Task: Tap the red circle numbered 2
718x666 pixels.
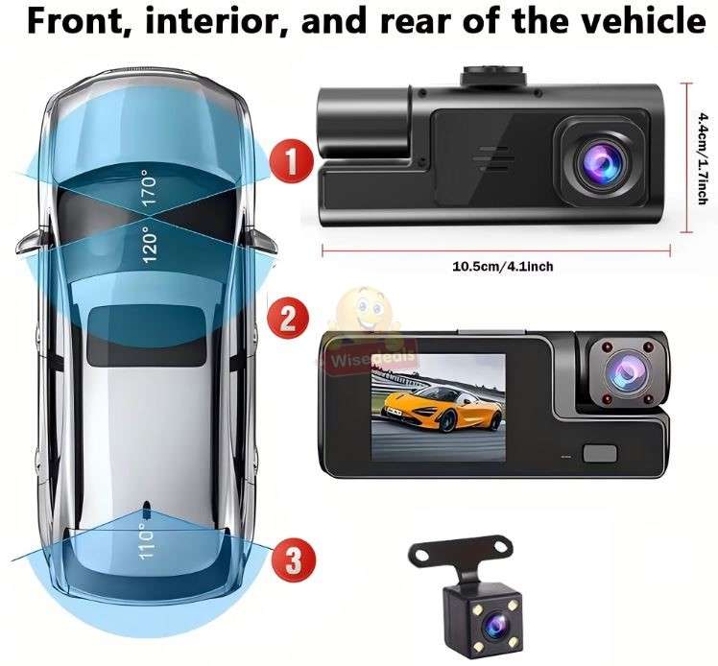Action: click(x=285, y=318)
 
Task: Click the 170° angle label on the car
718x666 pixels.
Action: click(x=147, y=191)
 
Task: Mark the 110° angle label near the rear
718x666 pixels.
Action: click(x=146, y=545)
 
